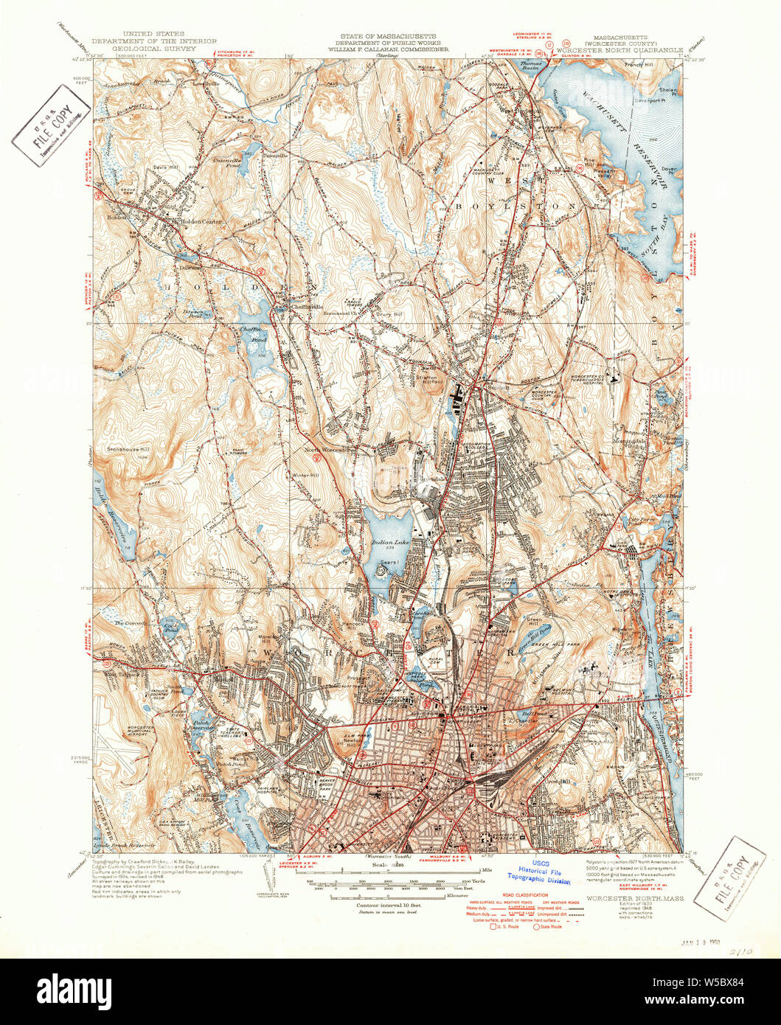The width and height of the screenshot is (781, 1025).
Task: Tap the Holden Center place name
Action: pyautogui.click(x=196, y=220)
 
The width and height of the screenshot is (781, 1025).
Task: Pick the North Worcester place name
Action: pyautogui.click(x=328, y=449)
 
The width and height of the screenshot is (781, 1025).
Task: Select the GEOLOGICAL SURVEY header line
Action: pyautogui.click(x=153, y=48)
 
